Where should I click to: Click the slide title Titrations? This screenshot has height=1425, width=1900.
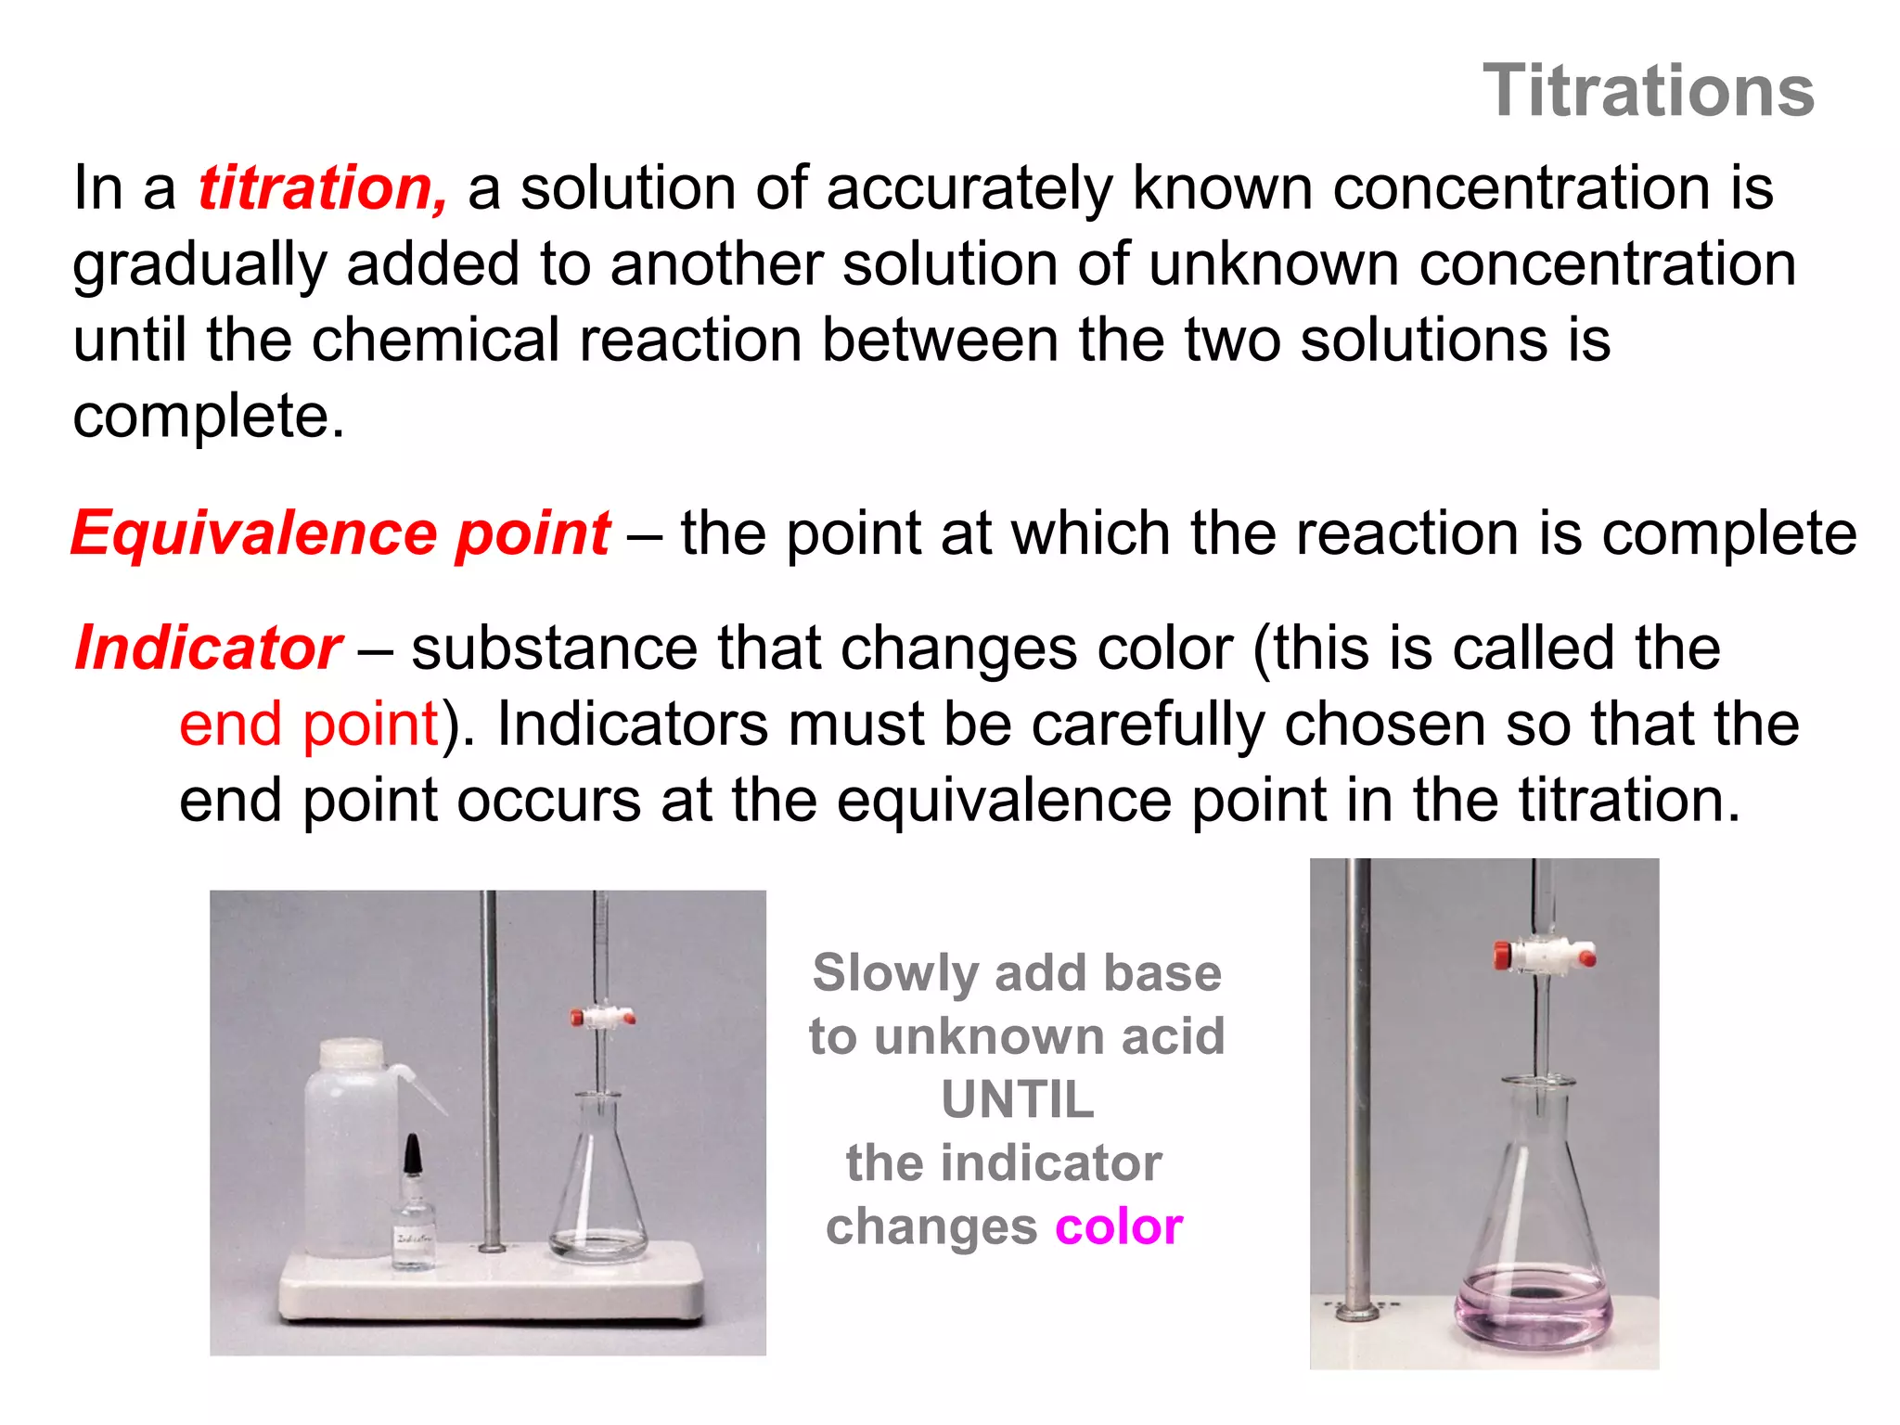point(1648,91)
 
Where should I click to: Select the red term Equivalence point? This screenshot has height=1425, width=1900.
point(340,533)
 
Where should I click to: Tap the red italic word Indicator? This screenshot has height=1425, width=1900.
point(209,648)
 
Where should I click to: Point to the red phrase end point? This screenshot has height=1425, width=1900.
point(309,724)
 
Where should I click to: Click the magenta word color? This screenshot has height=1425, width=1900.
point(1119,1226)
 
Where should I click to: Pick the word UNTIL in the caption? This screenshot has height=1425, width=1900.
point(1017,1100)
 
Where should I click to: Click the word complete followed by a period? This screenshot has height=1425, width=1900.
point(208,416)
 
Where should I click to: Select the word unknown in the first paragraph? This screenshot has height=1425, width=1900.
point(1273,264)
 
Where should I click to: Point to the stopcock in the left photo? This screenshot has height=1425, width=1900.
point(602,1018)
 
